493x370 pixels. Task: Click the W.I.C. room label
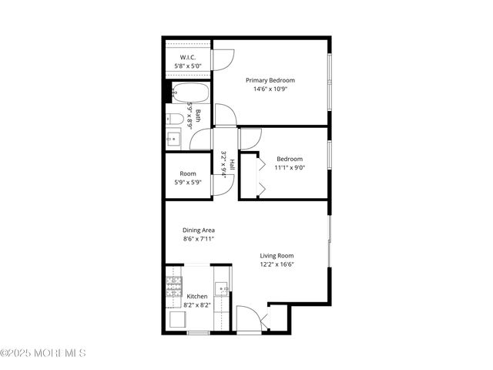pos(188,58)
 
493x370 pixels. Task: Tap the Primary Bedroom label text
pos(270,80)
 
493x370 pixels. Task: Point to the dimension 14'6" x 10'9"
pos(270,89)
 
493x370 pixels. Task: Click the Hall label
pos(231,164)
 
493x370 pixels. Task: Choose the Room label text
pos(188,173)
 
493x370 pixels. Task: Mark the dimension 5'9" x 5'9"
pos(188,183)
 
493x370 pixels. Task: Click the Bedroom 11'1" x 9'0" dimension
pos(290,167)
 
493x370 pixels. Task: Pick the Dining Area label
pos(198,230)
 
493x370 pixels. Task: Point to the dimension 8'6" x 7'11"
pos(198,239)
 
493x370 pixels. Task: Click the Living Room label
pos(277,256)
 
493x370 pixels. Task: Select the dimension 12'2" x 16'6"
pos(277,265)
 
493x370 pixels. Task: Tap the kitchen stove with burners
pos(173,287)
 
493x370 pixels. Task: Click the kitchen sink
pos(222,291)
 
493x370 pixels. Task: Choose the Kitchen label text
pos(197,297)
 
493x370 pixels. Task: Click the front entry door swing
pos(248,318)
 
